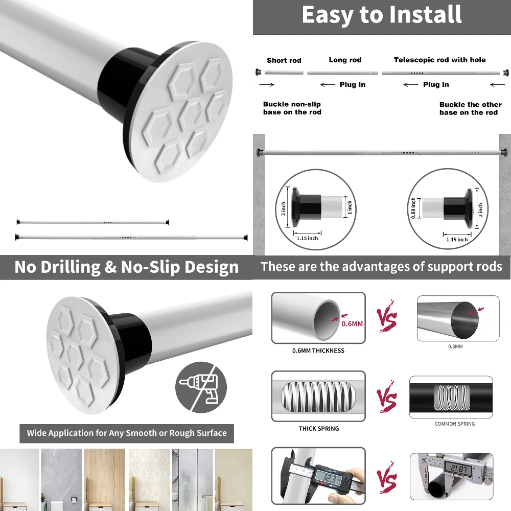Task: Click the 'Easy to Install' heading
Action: tap(382, 15)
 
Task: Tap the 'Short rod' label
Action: tap(284, 60)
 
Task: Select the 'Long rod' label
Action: tap(345, 60)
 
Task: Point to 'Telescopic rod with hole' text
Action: tap(440, 60)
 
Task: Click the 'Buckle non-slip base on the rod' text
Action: tap(292, 108)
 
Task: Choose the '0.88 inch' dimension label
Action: tap(414, 208)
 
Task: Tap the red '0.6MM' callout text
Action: tap(352, 323)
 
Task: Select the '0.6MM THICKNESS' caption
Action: tap(318, 351)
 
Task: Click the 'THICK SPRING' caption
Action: tap(319, 428)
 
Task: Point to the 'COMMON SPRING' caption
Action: tap(455, 424)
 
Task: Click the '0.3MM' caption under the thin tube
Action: tap(455, 346)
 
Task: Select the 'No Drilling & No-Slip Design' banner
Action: tap(126, 267)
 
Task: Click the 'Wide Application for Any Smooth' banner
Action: tap(127, 433)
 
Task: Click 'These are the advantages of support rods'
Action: tap(382, 267)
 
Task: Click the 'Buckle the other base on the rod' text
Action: tap(470, 108)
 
